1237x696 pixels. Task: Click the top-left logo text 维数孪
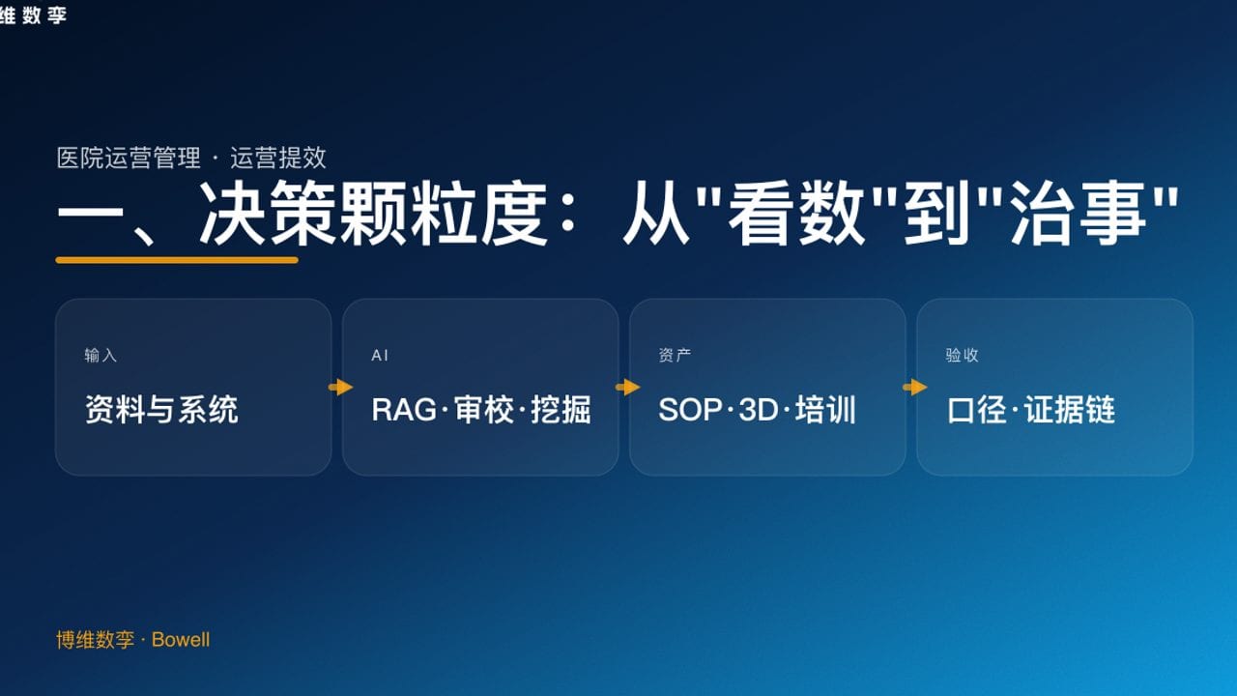click(33, 14)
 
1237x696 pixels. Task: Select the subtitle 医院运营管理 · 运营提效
click(191, 158)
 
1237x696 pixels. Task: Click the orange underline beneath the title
click(177, 259)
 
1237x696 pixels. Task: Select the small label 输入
click(101, 356)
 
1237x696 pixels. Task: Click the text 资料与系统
click(161, 410)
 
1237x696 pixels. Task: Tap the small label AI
click(380, 356)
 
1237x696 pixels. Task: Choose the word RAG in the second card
click(404, 410)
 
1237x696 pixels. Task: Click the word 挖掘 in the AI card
click(561, 410)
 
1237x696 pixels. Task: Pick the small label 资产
click(675, 356)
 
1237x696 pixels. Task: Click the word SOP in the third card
click(690, 410)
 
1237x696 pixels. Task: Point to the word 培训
click(826, 410)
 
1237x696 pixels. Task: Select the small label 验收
click(962, 356)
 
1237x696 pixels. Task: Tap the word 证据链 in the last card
click(1070, 410)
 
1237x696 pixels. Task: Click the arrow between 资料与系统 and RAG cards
click(340, 388)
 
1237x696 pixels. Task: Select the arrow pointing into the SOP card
click(627, 388)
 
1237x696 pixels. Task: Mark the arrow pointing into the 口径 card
click(914, 388)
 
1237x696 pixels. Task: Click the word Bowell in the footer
click(181, 640)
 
